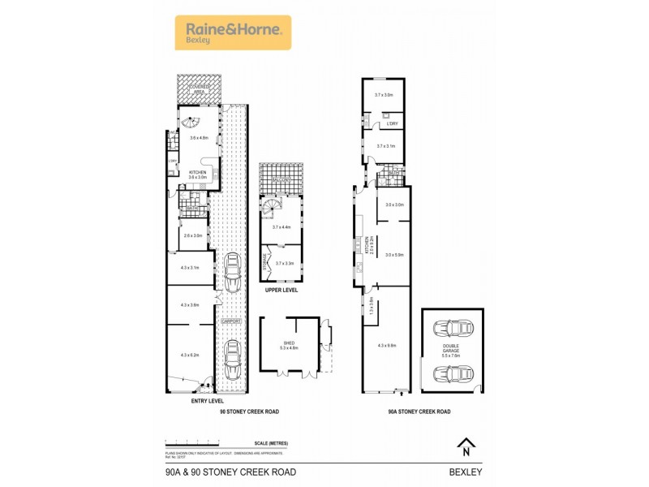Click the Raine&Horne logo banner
[x=233, y=32]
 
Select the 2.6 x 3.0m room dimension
[x=192, y=235]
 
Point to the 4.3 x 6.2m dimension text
[x=191, y=355]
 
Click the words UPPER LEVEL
[x=282, y=290]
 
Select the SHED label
[x=290, y=343]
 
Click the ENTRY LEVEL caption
[x=207, y=400]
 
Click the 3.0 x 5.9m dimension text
[x=394, y=255]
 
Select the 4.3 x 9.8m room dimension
[x=386, y=346]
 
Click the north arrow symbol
[x=466, y=446]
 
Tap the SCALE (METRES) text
[x=271, y=443]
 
